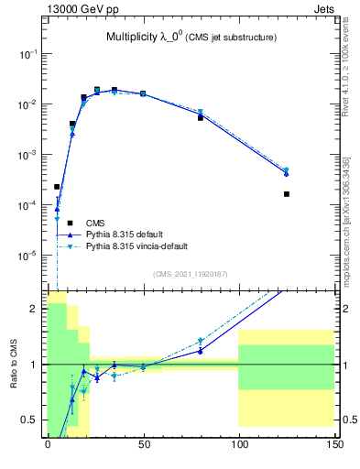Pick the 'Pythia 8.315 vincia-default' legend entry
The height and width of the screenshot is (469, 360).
pos(143,246)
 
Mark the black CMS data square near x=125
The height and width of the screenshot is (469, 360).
pos(287,194)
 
